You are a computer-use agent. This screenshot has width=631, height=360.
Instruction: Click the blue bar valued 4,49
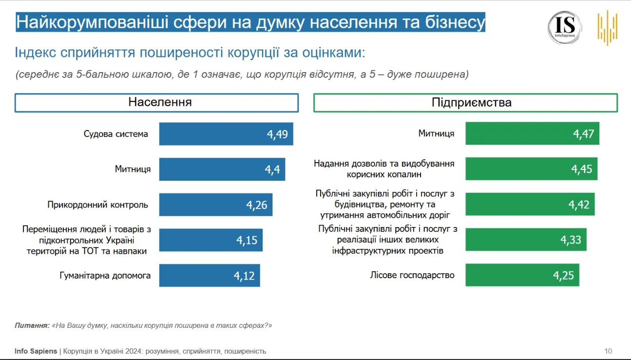tap(226, 134)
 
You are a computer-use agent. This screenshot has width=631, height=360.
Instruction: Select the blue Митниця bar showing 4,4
tap(222, 169)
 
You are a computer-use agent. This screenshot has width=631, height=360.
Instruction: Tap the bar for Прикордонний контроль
tap(216, 205)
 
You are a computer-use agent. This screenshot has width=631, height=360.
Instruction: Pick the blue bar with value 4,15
tap(211, 240)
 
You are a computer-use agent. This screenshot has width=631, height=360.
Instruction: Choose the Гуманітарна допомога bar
tap(210, 276)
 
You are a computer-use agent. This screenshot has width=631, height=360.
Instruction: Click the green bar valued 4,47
tap(532, 133)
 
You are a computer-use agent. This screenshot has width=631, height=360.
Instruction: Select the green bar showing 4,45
tap(531, 169)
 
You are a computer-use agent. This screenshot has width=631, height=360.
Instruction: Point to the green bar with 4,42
tap(530, 204)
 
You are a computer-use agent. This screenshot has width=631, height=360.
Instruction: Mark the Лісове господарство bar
tap(522, 275)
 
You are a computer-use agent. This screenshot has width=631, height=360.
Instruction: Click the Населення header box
tap(156, 103)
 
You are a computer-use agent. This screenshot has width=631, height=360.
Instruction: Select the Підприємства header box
tap(465, 103)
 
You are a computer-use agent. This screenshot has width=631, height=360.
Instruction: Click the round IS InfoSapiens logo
tap(565, 28)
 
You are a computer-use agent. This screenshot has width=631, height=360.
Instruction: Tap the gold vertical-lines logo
tap(608, 28)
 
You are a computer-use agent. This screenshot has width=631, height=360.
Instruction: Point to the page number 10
tap(608, 351)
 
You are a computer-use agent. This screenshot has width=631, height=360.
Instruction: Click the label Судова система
tap(116, 134)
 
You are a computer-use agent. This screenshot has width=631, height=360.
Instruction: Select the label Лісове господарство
tap(412, 275)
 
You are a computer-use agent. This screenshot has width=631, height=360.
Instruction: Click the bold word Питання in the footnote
tap(32, 325)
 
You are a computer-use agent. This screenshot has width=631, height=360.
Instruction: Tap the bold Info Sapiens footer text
tap(36, 351)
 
